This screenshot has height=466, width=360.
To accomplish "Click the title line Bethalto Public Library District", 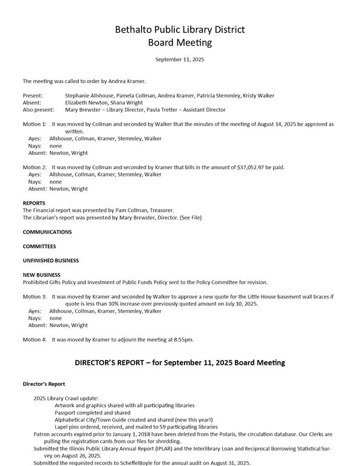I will point(180,30).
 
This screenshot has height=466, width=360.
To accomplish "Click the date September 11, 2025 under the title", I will point(180,59).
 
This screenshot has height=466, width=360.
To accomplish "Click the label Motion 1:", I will point(35,124).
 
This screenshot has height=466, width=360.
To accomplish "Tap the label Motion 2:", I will point(35,167).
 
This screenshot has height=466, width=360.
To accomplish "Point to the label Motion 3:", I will point(35,297).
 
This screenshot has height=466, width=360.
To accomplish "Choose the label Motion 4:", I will point(35,339).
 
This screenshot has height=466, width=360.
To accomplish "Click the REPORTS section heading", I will point(34,203).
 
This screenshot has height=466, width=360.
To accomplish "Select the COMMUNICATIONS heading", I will point(47,232).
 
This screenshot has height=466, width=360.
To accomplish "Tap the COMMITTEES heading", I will point(39,246).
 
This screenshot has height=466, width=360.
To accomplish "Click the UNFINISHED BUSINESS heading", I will point(51,260).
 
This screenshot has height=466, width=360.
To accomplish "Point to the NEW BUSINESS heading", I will point(41,275).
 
